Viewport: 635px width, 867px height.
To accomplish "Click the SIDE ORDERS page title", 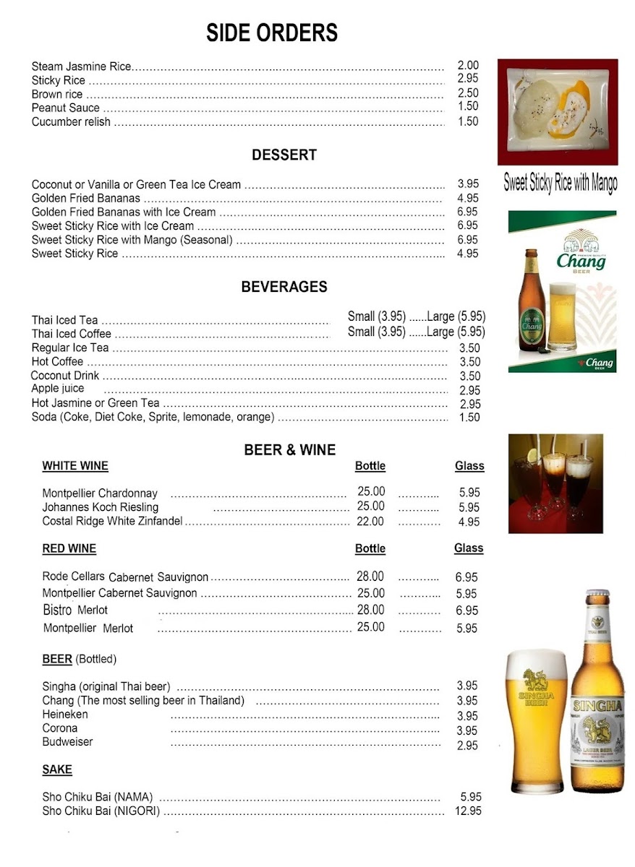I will coord(272,33).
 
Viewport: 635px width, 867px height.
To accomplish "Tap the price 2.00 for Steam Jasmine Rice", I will coord(468,65).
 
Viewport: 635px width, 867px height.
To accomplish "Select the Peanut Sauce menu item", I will coord(66,108).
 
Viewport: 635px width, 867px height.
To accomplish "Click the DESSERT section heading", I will coord(284,155).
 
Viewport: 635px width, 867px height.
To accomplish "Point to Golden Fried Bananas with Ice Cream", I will coord(124,212).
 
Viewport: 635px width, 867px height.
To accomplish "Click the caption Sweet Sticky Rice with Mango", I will coord(561,183).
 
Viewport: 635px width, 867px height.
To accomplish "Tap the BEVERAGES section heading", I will coord(284,287).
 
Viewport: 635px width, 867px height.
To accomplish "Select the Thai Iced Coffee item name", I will coord(72,334).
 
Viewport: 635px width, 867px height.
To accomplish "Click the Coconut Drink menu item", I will coord(65,376).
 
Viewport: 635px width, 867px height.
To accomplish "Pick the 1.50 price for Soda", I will coord(469,417).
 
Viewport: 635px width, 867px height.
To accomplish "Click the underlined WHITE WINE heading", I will coord(75,466).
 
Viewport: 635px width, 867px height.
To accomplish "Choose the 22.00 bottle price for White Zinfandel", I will coord(370,521).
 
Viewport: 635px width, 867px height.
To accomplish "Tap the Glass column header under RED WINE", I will coord(469,548).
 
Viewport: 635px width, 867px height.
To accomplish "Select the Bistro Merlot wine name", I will coord(75,611).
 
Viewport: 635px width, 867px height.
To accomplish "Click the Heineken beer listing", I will coord(65,715).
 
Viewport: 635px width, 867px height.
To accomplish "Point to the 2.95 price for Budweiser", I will coord(467,746).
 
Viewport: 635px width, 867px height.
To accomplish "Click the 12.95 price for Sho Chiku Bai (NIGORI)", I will coord(468,811).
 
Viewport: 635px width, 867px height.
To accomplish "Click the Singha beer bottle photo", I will coord(597,694).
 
